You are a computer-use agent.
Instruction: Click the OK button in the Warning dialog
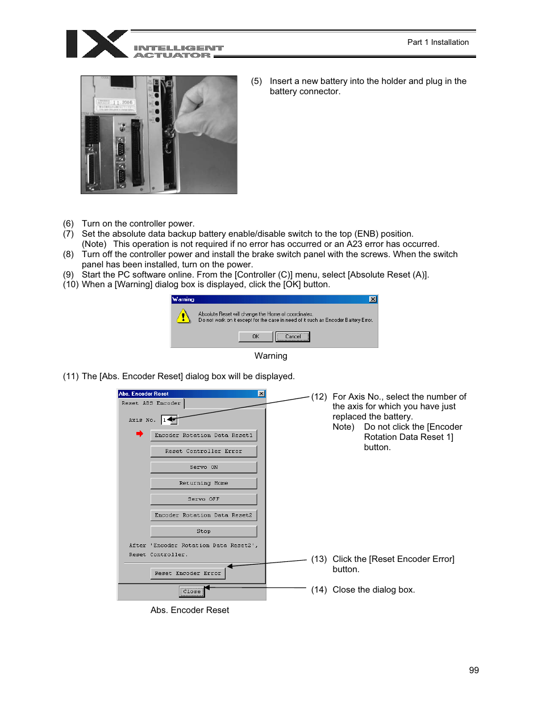[x=256, y=337]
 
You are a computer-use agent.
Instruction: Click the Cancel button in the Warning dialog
[x=293, y=337]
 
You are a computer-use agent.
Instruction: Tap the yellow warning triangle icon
[x=184, y=316]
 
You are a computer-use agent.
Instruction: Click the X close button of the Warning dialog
[x=373, y=299]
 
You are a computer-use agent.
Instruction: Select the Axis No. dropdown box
[x=169, y=420]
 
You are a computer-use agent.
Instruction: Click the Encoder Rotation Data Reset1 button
[x=203, y=435]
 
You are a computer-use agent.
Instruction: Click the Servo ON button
[x=203, y=467]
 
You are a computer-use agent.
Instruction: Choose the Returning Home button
[x=203, y=483]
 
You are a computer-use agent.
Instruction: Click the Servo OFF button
[x=203, y=499]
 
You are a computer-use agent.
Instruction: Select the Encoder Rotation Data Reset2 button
[x=203, y=515]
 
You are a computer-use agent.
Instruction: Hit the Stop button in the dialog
[x=203, y=531]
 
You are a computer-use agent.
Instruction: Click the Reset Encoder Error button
[x=188, y=573]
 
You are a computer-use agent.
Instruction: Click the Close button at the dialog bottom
[x=191, y=591]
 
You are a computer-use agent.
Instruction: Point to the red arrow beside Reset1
[x=139, y=434]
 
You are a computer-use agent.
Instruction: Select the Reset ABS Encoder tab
[x=151, y=403]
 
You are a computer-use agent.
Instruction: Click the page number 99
[x=474, y=670]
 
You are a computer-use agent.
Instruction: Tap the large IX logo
[x=97, y=44]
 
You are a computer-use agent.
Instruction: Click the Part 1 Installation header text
[x=437, y=42]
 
